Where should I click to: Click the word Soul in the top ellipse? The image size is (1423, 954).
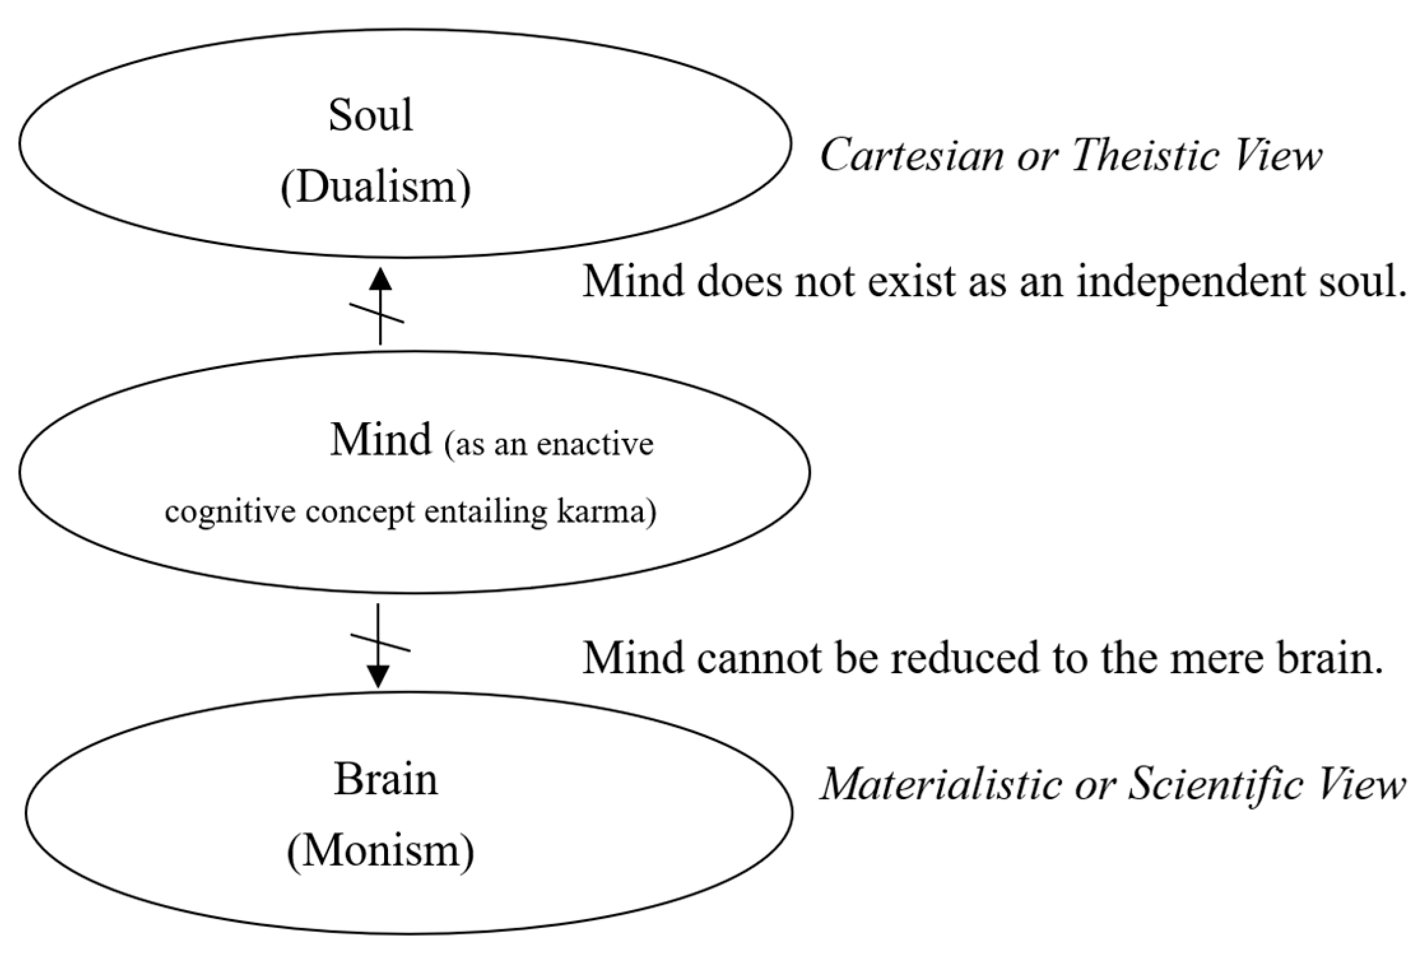point(371,115)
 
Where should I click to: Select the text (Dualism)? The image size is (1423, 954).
point(376,188)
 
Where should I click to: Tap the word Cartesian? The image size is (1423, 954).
point(911,155)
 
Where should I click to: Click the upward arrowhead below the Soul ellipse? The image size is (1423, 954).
point(380,279)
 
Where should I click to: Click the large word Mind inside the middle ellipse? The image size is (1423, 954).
point(381,440)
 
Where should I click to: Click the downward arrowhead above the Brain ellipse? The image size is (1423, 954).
point(378,676)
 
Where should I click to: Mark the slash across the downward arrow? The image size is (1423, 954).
point(380,642)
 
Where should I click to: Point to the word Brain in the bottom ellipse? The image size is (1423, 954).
point(386,780)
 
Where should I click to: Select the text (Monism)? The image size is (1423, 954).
point(381,851)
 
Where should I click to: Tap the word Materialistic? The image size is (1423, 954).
point(940,785)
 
